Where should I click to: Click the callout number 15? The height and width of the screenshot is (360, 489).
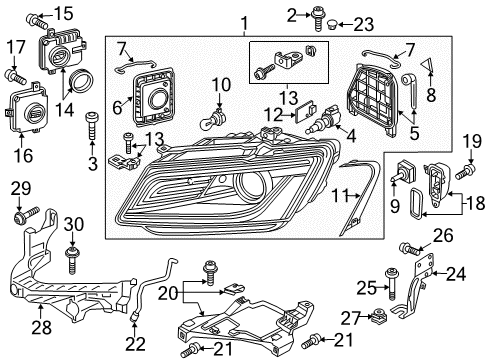[63, 14]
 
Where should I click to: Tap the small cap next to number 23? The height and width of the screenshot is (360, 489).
[332, 24]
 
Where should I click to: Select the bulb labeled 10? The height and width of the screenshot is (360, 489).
[214, 120]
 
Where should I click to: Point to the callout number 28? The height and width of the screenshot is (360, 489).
[41, 327]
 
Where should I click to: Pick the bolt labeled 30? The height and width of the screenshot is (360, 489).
[72, 260]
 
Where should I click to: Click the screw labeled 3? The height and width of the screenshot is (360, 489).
[92, 126]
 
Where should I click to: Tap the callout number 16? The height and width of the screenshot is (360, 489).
[24, 155]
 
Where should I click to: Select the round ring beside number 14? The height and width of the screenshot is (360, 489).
[80, 81]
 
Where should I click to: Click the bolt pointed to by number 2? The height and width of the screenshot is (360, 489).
[317, 19]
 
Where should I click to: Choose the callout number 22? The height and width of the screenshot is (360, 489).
[136, 343]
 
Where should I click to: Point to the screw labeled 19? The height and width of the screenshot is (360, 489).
[466, 170]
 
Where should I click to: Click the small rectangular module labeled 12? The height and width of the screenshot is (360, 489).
[306, 110]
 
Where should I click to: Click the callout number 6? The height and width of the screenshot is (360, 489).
[117, 108]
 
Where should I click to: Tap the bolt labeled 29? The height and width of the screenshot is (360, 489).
[26, 215]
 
